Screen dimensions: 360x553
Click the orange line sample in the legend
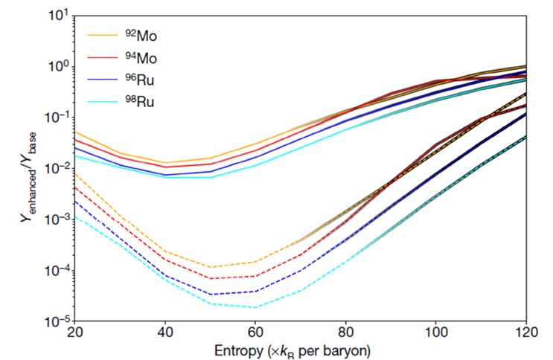[x=105, y=35]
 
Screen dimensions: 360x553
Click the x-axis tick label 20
[x=74, y=332]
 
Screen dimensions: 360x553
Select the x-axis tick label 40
[x=165, y=332]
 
